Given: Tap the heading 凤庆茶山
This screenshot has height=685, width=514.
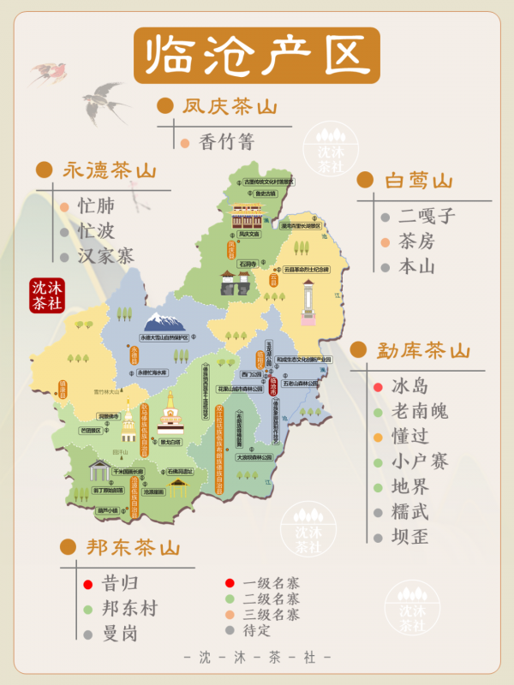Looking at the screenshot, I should click(x=229, y=107).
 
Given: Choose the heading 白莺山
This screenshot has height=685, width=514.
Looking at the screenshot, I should click(x=417, y=181).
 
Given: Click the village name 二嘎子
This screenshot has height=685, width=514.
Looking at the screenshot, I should click(x=427, y=217).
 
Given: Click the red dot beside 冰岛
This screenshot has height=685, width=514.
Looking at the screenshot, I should click(x=378, y=387).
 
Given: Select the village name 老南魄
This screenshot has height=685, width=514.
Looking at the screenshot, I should click(x=419, y=412).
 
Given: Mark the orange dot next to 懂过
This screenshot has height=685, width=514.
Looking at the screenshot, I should click(x=378, y=438).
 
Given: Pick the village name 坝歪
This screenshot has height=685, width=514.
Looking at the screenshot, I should click(x=409, y=537).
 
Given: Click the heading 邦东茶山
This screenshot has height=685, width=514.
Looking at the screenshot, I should click(x=133, y=547).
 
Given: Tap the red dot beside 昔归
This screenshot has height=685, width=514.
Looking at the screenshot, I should click(x=87, y=584).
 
